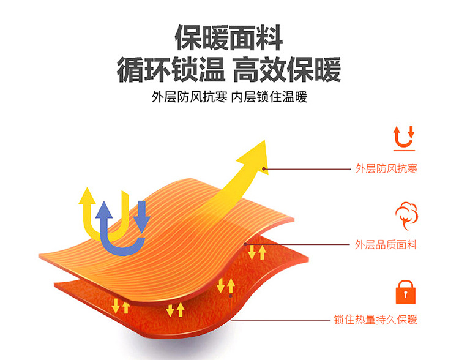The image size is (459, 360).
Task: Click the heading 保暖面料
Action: (x=229, y=38)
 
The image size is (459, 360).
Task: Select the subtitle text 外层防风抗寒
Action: (x=188, y=98)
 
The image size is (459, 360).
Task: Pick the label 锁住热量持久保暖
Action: (x=376, y=320)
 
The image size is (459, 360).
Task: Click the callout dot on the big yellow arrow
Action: (x=264, y=168)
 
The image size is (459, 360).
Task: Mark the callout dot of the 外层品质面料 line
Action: (x=250, y=244)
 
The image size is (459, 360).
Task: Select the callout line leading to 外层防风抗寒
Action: (x=306, y=168)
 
